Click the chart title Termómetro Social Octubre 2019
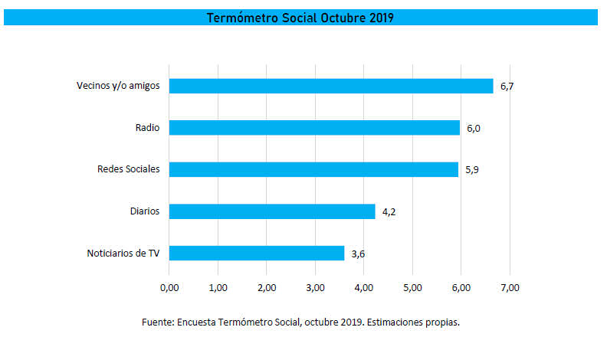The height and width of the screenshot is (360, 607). [x=300, y=18]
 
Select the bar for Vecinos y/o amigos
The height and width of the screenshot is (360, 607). [x=331, y=86]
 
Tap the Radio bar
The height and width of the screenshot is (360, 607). [x=314, y=127]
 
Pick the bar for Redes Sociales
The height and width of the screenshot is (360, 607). [x=313, y=169]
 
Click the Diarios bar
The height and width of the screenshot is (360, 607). [x=272, y=211]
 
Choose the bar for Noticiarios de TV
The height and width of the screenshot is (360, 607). [x=257, y=253]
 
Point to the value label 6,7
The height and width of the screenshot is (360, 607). [x=507, y=87]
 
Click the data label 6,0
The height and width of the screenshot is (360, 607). [x=473, y=128]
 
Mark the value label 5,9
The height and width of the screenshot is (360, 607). [x=471, y=170]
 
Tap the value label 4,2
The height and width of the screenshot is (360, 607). [x=389, y=211]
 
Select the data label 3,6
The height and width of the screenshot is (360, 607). [x=358, y=254]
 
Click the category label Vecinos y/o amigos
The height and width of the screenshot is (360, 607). [x=118, y=86]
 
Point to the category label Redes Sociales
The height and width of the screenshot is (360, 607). [x=128, y=169]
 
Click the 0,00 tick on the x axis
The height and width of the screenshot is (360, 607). [x=169, y=287]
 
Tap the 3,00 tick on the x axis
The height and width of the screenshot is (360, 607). [x=315, y=287]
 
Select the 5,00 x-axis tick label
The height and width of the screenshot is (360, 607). [x=412, y=287]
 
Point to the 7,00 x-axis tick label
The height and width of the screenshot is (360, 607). [x=510, y=287]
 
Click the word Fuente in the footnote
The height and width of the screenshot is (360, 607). [x=157, y=322]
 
